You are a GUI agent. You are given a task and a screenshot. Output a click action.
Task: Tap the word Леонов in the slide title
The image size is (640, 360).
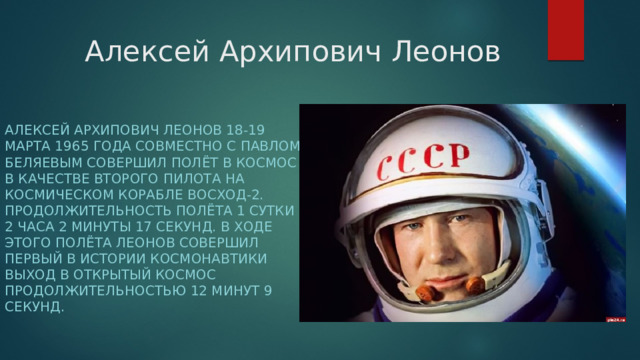tap(444, 50)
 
